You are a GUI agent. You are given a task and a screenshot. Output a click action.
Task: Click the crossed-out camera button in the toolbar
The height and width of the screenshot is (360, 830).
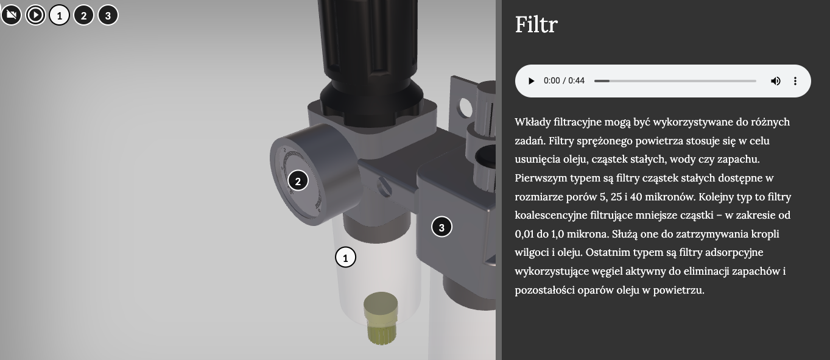11,15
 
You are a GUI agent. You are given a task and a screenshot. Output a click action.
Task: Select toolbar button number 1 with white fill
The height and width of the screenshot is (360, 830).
59,15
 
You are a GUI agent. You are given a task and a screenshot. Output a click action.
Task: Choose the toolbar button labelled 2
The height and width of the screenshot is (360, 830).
84,15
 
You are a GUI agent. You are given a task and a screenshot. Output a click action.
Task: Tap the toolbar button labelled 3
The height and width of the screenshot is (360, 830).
108,15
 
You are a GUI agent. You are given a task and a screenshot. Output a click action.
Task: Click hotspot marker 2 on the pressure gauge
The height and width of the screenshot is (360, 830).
298,180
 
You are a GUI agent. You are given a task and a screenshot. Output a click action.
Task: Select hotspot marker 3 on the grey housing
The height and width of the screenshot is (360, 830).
441,227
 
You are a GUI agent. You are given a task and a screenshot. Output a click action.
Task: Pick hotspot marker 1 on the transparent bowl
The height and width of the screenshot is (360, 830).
345,257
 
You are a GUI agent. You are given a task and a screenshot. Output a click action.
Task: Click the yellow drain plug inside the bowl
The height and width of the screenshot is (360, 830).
381,318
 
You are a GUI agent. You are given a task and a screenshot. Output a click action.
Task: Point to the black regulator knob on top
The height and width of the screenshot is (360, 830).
370,55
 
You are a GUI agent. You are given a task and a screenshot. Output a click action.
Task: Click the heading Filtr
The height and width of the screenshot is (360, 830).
536,24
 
